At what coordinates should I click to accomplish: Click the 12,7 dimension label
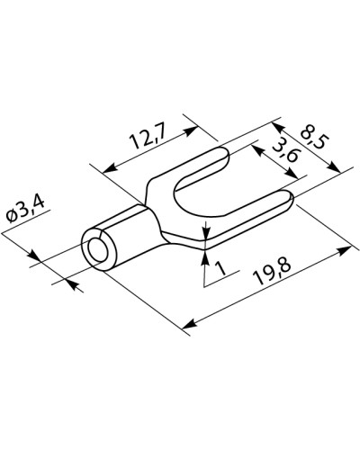(148, 139)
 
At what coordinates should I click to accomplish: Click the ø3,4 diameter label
(25, 209)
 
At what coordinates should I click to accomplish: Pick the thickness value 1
(220, 268)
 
